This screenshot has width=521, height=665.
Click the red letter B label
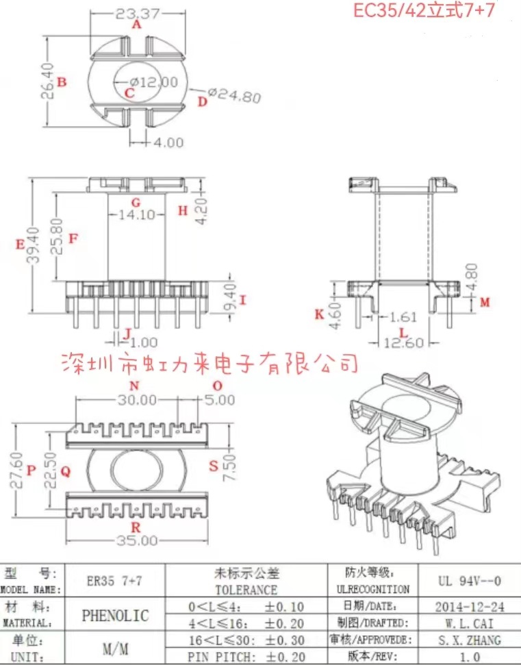coord(62,83)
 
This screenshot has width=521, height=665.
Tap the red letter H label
coord(183,211)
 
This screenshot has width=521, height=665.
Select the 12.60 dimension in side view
coord(403,343)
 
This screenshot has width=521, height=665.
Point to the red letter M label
coord(485,302)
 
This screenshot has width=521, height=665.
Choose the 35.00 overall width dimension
coord(136,540)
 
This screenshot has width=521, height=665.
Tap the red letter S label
coord(214,466)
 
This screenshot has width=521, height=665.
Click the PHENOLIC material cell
coord(115,614)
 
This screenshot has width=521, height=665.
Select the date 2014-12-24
coord(469,606)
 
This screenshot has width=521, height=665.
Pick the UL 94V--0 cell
coord(469,581)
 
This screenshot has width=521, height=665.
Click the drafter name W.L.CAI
coord(469,623)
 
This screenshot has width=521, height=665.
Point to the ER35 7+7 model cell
coord(114,581)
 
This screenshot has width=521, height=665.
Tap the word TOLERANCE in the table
coord(246,589)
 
